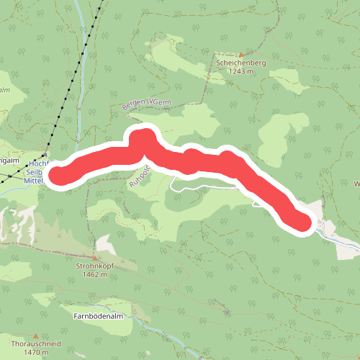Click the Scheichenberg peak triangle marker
pyautogui.click(x=241, y=55)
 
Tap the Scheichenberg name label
pyautogui.click(x=241, y=63)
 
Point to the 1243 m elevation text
pyautogui.click(x=241, y=71)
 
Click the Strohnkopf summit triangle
pyautogui.click(x=94, y=257)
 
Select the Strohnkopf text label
pyautogui.click(x=95, y=266)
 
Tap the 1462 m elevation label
pyautogui.click(x=94, y=274)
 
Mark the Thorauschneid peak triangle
pyautogui.click(x=35, y=336)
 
